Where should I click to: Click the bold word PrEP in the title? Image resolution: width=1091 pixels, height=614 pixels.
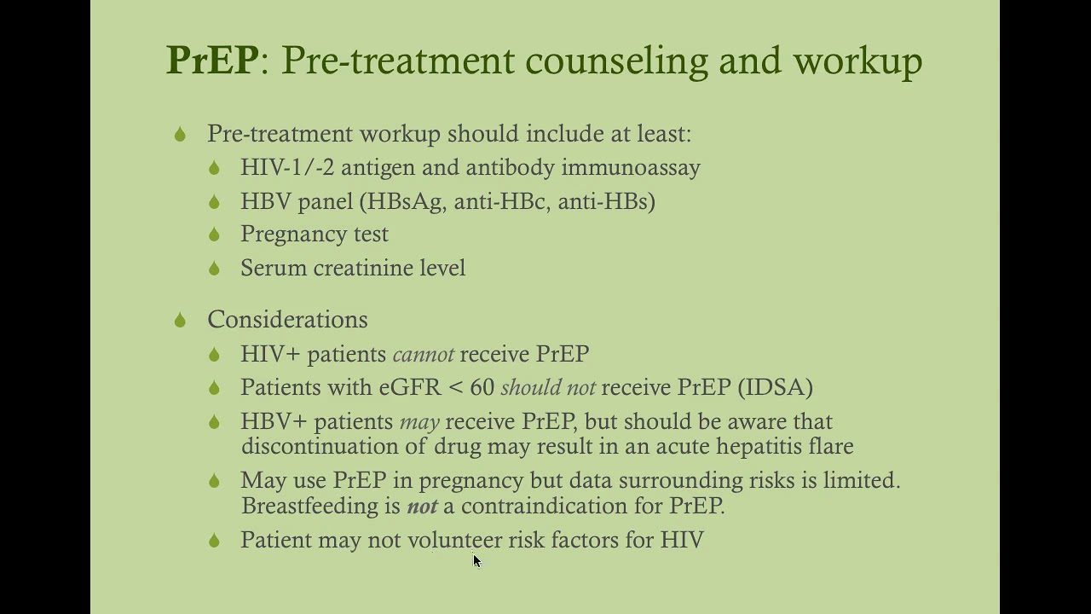212,61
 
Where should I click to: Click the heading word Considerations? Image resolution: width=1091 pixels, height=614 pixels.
287,320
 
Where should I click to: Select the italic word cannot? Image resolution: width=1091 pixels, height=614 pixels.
423,354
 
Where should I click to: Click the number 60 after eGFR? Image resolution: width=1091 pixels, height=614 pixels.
482,387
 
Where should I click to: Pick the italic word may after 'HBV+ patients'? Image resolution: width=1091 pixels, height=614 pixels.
419,421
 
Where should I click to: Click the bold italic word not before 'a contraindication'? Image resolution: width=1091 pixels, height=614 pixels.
422,506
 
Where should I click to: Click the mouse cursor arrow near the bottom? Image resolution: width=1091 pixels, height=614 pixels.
476,560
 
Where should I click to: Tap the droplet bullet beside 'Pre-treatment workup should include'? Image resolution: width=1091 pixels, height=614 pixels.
180,135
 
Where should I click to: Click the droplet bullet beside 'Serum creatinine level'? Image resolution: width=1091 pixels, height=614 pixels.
214,269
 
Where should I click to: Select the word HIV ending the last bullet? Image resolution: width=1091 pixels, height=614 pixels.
682,540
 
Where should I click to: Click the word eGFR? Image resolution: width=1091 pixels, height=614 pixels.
410,387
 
